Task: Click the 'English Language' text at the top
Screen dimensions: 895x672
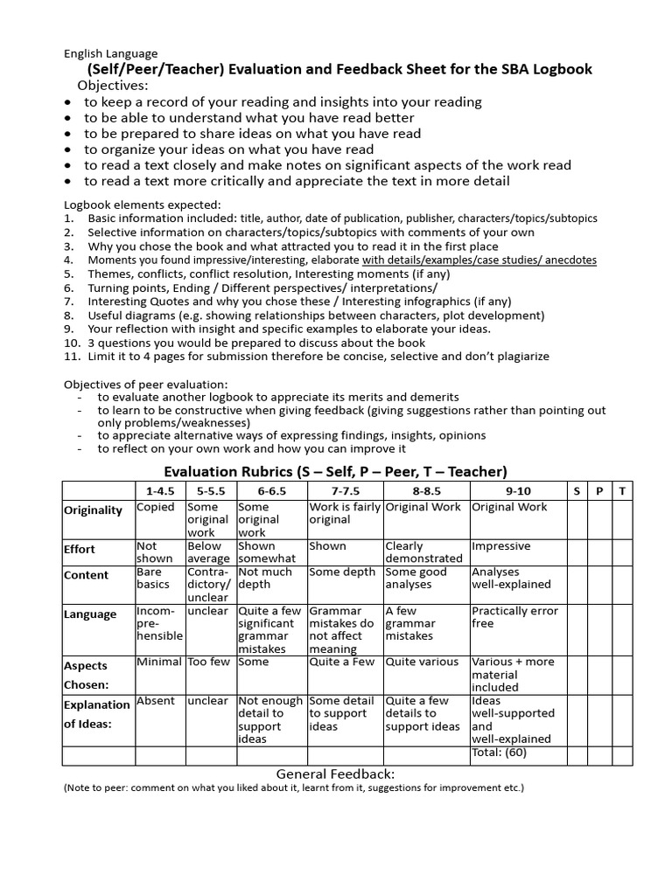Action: (111, 53)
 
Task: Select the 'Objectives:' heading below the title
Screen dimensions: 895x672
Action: (113, 86)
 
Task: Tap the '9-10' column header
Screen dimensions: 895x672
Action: (518, 491)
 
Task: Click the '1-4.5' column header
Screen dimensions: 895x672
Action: (159, 491)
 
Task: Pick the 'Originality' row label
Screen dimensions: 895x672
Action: (94, 510)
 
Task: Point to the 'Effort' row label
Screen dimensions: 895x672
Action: (80, 550)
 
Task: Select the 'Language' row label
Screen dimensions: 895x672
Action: (90, 614)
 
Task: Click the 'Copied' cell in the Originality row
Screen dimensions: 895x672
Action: (156, 507)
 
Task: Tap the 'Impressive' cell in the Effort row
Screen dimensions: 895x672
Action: (501, 546)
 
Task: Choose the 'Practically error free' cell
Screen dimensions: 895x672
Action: (514, 617)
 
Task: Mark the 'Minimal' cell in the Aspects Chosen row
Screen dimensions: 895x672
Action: (159, 663)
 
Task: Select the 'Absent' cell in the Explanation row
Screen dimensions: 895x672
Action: (156, 701)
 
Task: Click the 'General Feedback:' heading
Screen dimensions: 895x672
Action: (336, 774)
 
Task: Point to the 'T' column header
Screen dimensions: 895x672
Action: (622, 491)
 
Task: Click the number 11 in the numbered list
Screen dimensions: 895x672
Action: (71, 357)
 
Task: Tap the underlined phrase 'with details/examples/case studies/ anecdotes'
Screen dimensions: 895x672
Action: (479, 260)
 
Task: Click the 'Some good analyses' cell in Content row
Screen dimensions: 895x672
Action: (416, 578)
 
